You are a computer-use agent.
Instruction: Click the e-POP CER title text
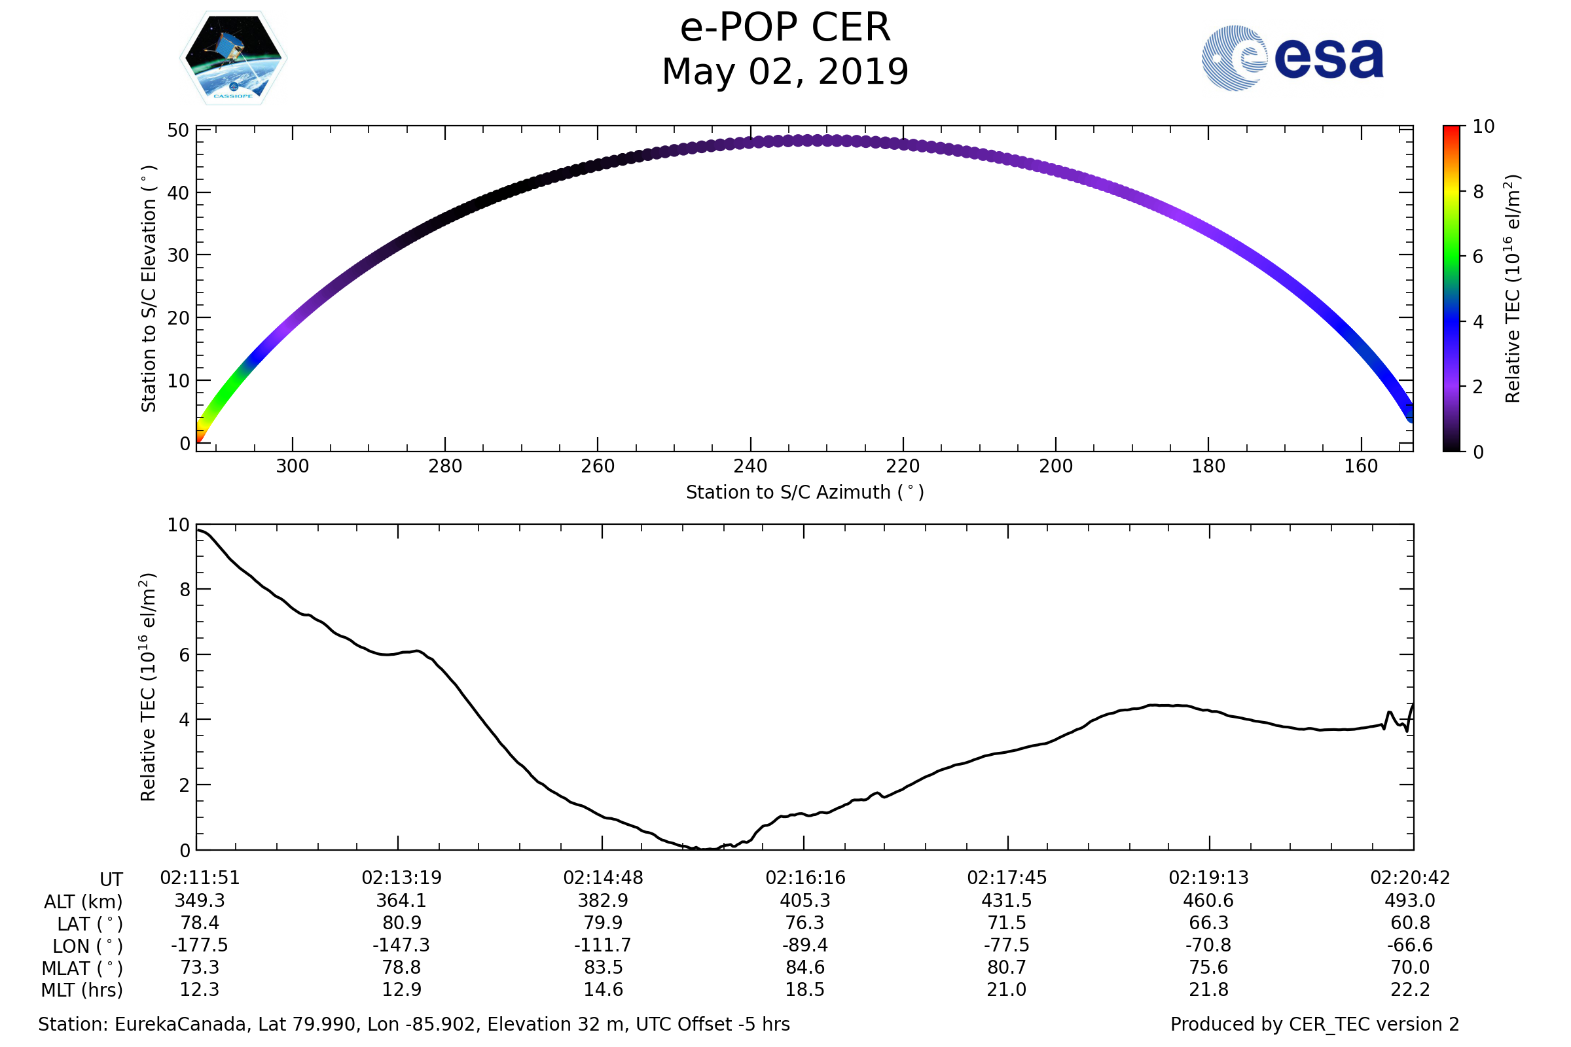pos(785,28)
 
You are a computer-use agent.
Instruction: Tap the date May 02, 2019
pos(785,72)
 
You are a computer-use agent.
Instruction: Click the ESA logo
pos(1291,58)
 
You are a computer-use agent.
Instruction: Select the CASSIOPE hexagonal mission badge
pos(233,58)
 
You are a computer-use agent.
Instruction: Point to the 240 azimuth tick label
pos(750,466)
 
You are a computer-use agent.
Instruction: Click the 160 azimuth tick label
pos(1361,466)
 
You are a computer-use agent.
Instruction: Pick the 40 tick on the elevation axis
pos(177,193)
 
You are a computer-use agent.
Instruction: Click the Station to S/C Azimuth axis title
pos(805,492)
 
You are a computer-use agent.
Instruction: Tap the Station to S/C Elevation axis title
pos(149,289)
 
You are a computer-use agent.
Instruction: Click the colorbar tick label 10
pos(1483,126)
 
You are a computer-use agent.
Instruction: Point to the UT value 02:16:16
pos(805,878)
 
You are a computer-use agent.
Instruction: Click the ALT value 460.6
pos(1208,901)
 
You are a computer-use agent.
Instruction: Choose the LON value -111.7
pos(602,946)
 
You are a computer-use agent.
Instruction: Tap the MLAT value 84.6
pos(805,968)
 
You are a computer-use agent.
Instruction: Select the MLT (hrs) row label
pos(81,990)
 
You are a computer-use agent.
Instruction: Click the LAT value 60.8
pos(1409,923)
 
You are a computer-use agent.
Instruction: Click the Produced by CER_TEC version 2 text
pos(1314,1024)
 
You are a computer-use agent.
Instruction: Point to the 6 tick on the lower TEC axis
pos(185,655)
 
